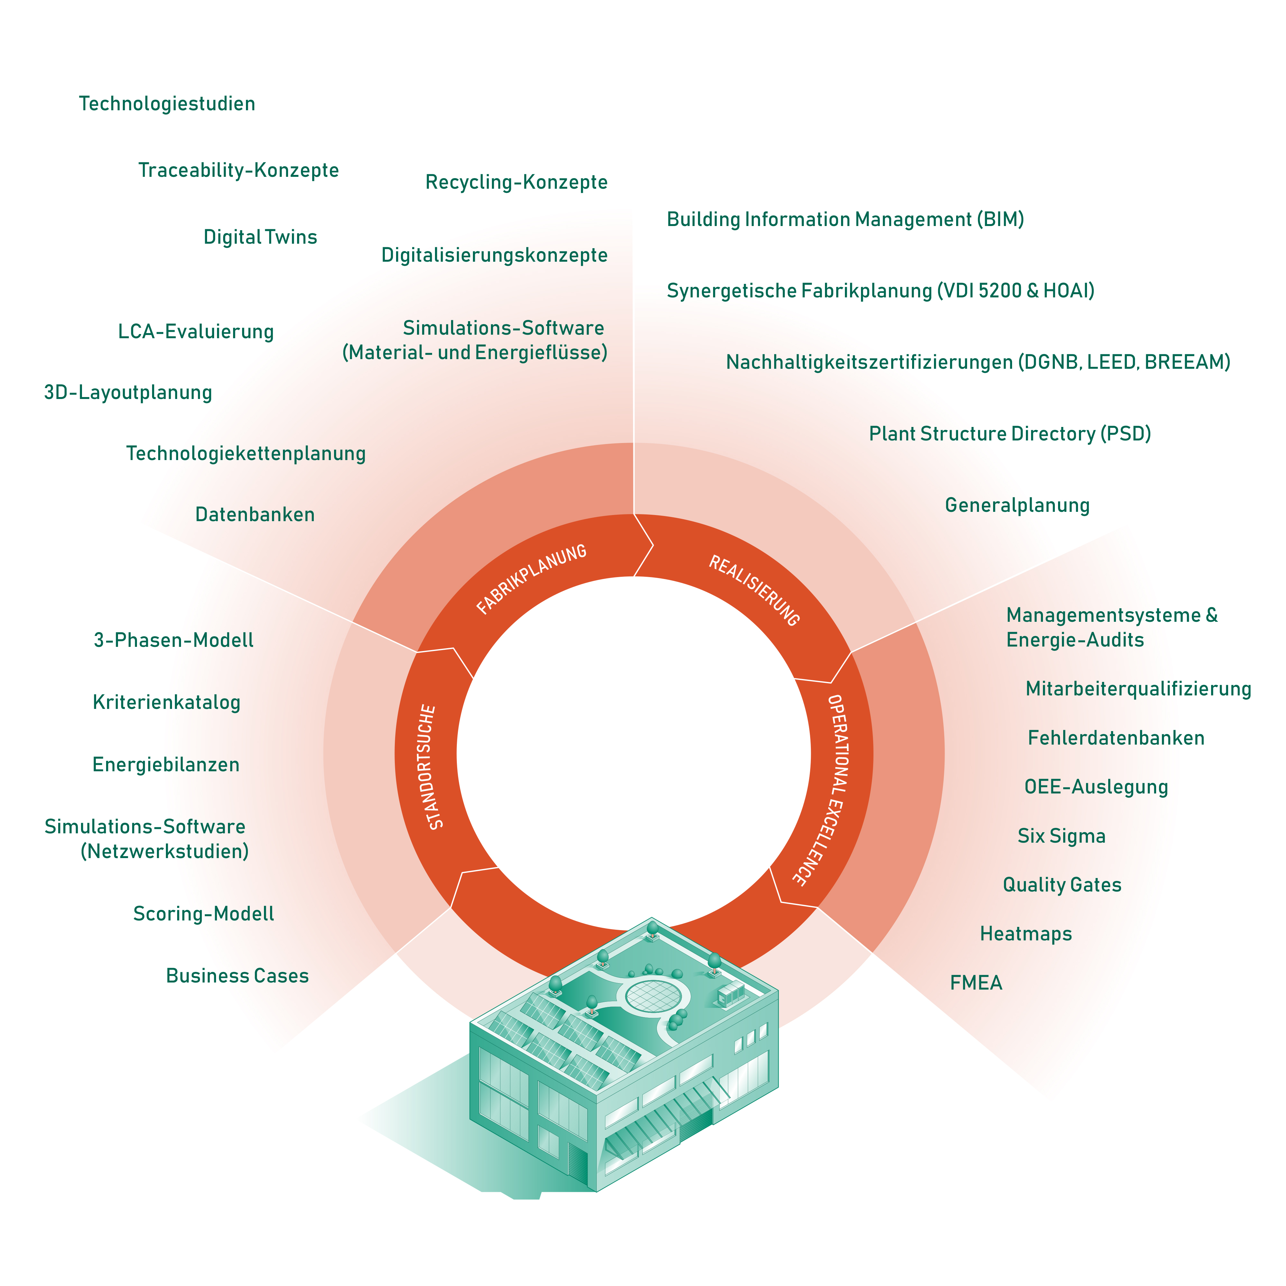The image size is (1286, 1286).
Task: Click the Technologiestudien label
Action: pyautogui.click(x=167, y=104)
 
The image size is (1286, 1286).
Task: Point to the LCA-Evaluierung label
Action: pyautogui.click(x=196, y=331)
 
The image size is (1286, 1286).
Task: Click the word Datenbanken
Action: pyautogui.click(x=255, y=514)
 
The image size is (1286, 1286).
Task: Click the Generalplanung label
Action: pyautogui.click(x=1017, y=505)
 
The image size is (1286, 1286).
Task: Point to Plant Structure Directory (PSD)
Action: pyautogui.click(x=1010, y=434)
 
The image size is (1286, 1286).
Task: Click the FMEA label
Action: pyautogui.click(x=976, y=983)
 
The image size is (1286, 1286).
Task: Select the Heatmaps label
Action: pyautogui.click(x=1026, y=934)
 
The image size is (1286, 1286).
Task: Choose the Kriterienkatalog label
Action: pyautogui.click(x=167, y=702)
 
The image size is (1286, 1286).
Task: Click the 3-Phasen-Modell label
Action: pyautogui.click(x=174, y=640)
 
